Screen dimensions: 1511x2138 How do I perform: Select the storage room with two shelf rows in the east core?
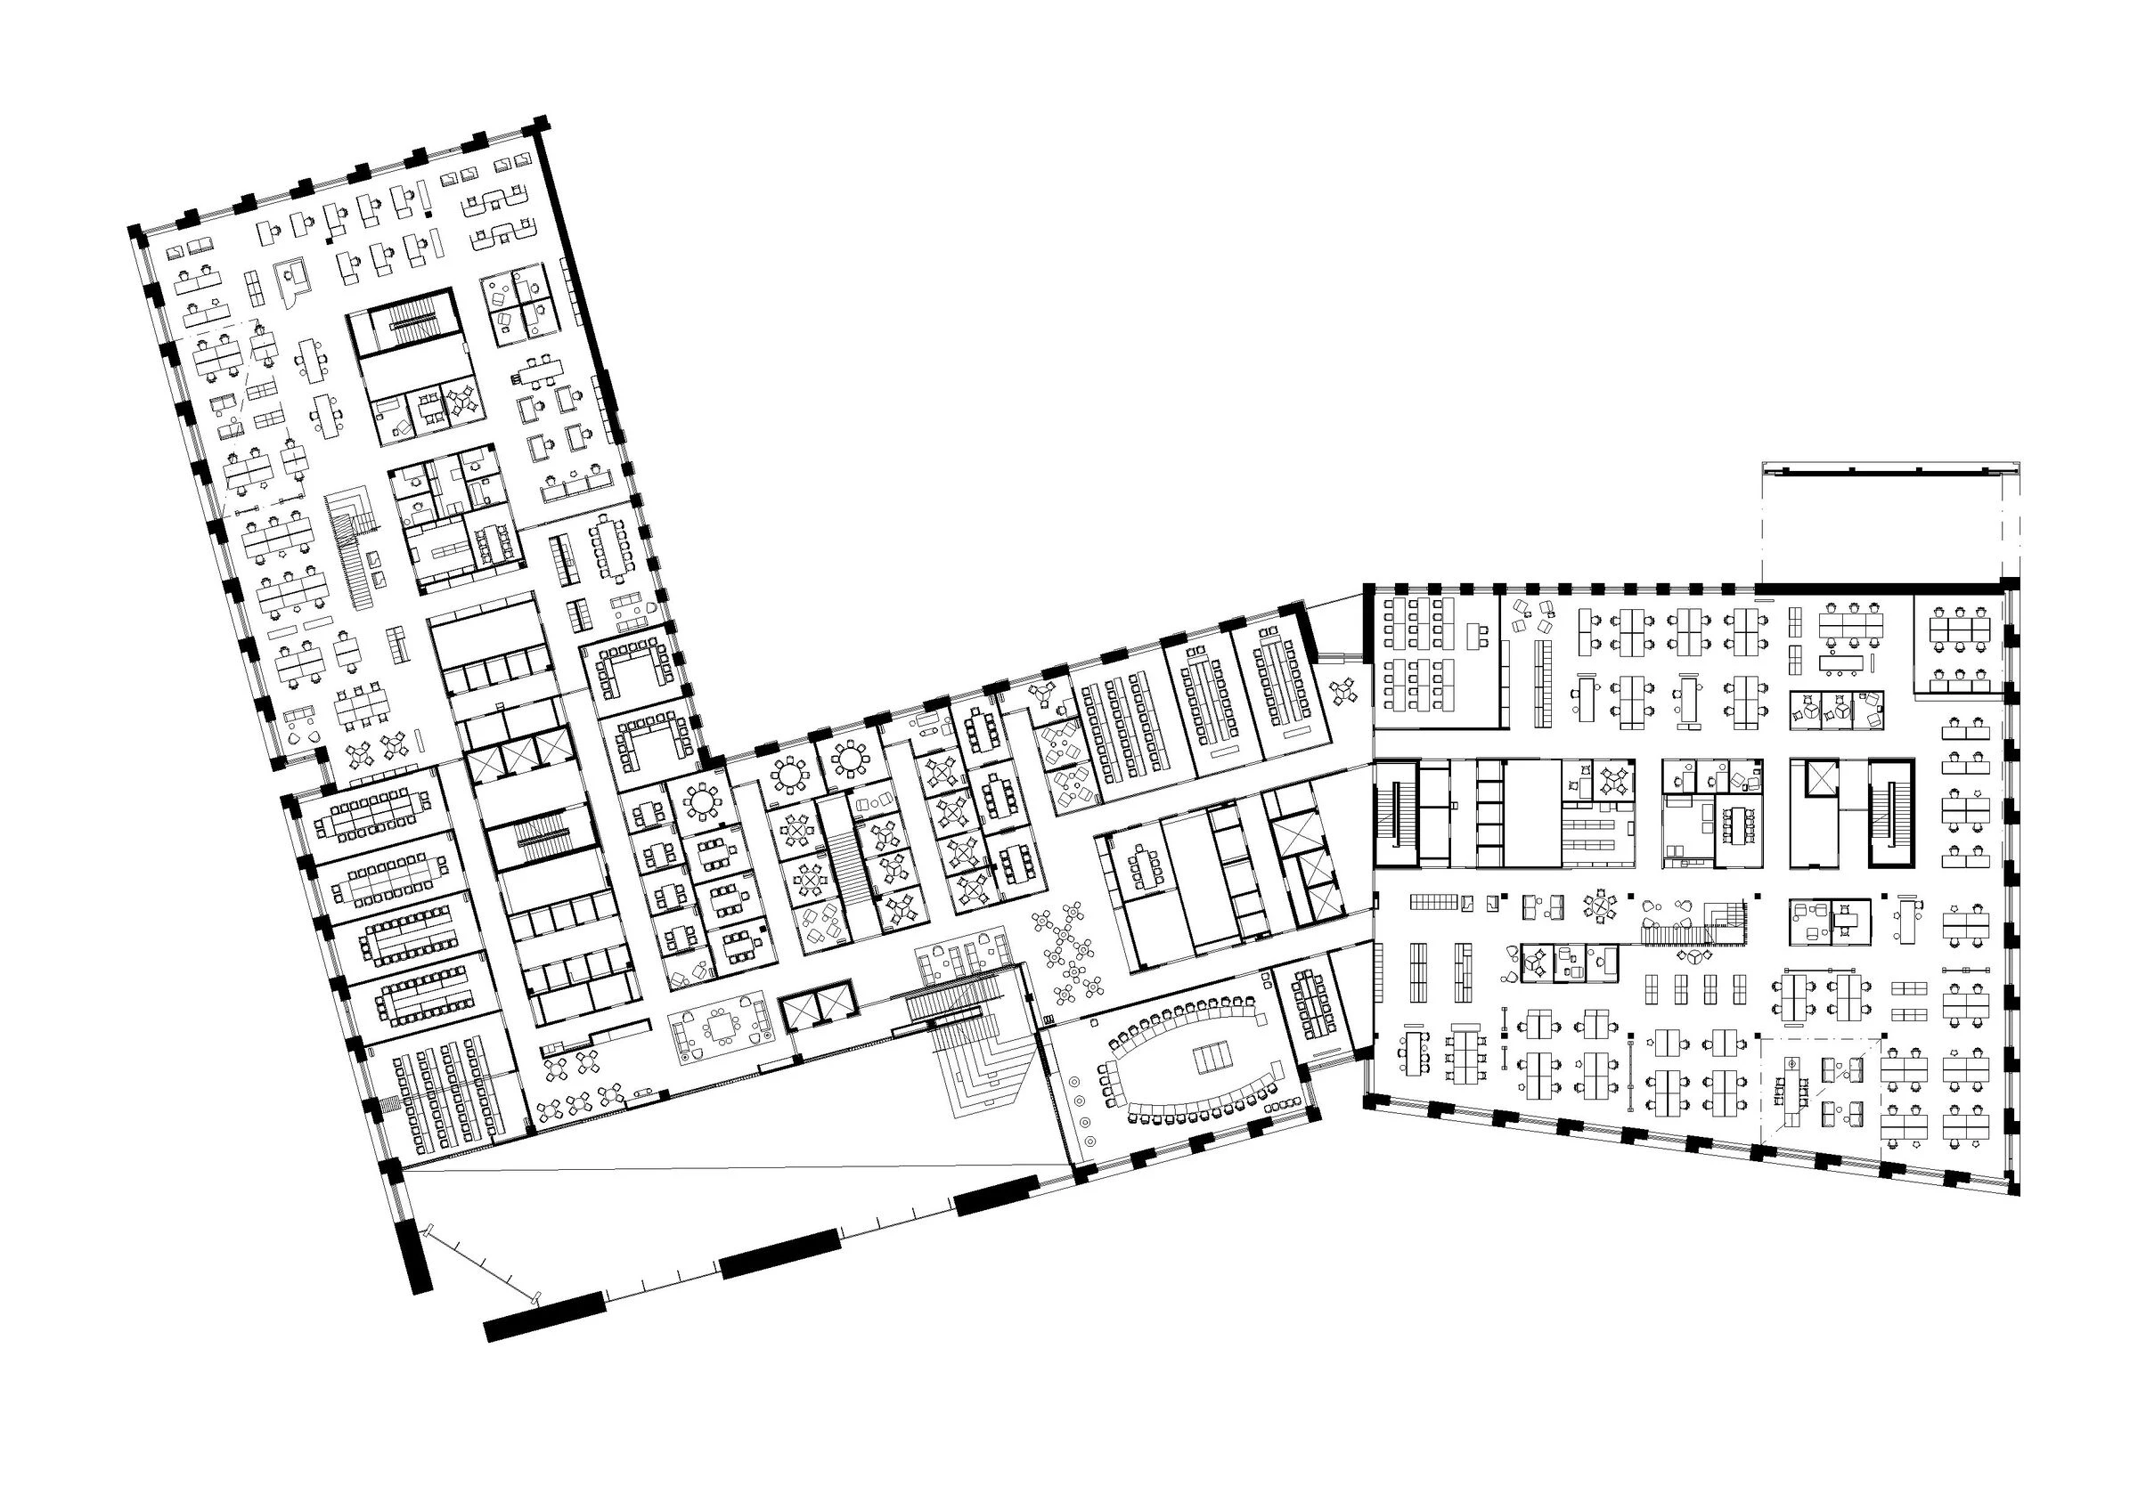(1598, 831)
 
